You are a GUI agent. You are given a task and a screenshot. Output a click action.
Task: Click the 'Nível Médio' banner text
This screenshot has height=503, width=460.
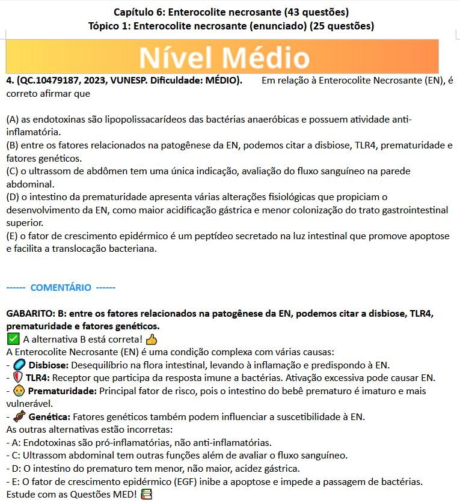click(224, 58)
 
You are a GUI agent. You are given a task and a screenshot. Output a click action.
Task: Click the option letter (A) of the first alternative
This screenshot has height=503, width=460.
click(12, 120)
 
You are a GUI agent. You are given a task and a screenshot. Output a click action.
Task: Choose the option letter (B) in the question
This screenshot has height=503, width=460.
click(12, 145)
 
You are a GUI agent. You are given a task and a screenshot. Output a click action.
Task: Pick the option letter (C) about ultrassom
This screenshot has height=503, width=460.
click(12, 171)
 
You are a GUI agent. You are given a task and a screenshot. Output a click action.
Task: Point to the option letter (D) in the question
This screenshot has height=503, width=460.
click(12, 197)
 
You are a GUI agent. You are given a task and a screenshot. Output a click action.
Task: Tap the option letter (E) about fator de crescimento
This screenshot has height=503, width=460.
click(11, 236)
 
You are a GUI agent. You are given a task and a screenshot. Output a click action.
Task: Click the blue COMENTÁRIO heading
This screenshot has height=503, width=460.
click(60, 287)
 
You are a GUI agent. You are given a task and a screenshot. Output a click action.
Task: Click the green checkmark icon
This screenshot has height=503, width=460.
click(12, 340)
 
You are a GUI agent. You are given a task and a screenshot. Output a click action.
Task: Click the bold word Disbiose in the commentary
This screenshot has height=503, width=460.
click(49, 365)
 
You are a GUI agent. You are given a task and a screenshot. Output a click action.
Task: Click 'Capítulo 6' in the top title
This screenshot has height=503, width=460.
click(137, 12)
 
